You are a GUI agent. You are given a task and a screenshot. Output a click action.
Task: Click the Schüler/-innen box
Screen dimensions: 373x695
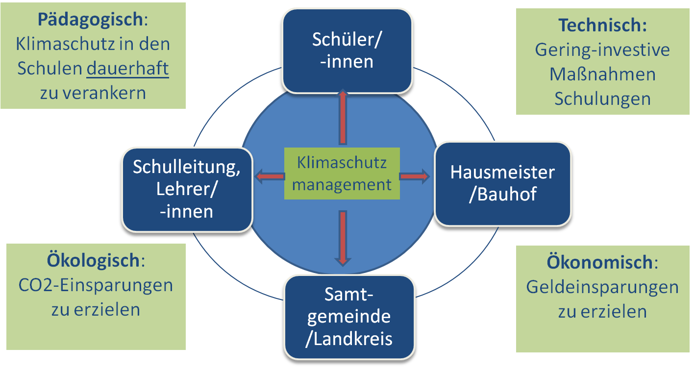tap(347, 50)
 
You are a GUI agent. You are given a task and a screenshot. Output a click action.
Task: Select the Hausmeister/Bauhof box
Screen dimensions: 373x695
tap(502, 183)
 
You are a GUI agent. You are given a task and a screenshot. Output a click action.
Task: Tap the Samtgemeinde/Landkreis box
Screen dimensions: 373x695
tap(348, 317)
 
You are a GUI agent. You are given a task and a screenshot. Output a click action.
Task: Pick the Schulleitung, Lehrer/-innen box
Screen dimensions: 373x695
tap(187, 189)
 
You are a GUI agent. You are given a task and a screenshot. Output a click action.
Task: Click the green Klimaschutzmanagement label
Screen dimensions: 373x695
tap(342, 174)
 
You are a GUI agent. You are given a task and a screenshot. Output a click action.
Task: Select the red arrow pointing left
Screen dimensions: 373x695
tap(270, 176)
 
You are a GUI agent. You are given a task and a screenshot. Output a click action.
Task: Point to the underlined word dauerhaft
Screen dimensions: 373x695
tap(127, 69)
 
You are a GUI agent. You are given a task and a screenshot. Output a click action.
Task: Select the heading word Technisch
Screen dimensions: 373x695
tap(602, 25)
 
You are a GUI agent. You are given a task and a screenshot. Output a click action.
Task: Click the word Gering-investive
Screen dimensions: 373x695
tap(602, 50)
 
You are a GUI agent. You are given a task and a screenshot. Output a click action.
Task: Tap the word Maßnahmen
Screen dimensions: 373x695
tap(602, 74)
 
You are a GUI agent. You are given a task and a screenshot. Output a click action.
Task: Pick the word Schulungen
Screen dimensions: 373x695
tap(602, 99)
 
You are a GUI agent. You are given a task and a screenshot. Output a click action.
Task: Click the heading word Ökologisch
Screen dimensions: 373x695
tap(93, 260)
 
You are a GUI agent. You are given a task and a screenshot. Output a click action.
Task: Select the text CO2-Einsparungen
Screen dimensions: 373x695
tap(96, 285)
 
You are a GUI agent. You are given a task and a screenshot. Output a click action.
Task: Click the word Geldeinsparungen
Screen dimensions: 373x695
tap(602, 287)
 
